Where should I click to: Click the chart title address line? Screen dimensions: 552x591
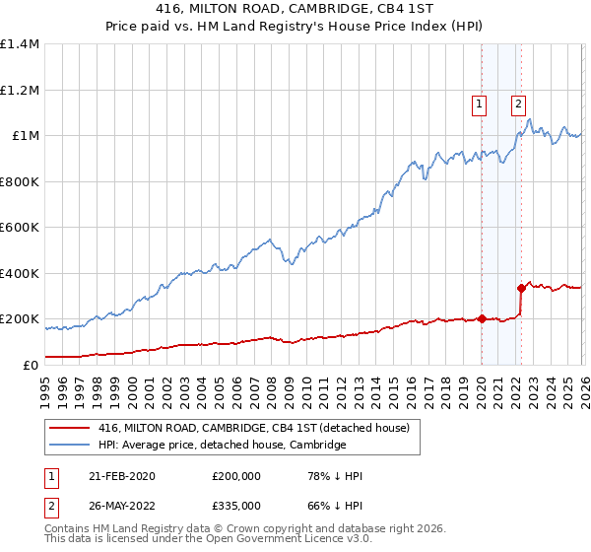click(295, 8)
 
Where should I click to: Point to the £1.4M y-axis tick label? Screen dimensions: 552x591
click(20, 44)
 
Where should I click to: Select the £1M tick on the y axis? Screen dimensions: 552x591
click(26, 136)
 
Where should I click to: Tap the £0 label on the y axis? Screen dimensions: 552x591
click(32, 365)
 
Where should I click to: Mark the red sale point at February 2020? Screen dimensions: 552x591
click(482, 318)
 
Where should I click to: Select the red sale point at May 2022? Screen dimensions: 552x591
click(521, 288)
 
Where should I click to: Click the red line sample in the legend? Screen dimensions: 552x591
click(71, 428)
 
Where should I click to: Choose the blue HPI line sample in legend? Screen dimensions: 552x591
click(71, 445)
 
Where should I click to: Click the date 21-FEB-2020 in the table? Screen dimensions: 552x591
click(116, 476)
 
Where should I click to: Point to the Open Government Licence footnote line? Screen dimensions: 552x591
click(193, 540)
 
